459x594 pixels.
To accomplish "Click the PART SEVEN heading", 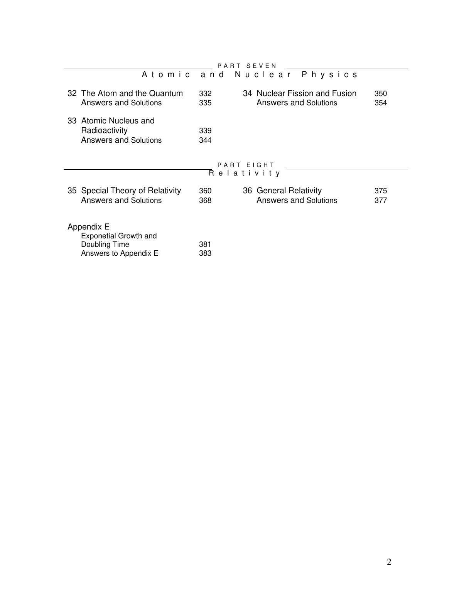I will [x=247, y=66].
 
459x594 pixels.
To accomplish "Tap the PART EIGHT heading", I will [x=246, y=165].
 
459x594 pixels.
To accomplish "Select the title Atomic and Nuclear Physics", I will [x=250, y=75].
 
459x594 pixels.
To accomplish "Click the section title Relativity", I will [x=245, y=174].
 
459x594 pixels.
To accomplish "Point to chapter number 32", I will [x=72, y=94].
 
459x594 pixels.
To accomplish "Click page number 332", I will [x=205, y=94].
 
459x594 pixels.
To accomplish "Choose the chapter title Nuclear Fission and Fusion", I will [x=306, y=94].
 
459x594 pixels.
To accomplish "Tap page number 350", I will [x=381, y=94].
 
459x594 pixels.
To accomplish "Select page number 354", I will [x=381, y=103].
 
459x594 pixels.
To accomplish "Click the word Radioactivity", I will [x=104, y=131].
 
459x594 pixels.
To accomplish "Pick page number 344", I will [x=205, y=140].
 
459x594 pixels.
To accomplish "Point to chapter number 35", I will [x=72, y=191].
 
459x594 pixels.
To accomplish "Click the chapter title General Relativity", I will [x=289, y=191].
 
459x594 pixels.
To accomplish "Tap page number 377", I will [x=381, y=201].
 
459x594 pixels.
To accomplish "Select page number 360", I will [x=205, y=191].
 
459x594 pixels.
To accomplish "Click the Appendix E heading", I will [x=88, y=227].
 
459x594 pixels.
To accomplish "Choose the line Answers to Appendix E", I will [x=120, y=253].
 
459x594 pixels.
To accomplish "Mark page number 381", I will [x=205, y=245].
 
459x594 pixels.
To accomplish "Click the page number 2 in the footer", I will [x=389, y=562].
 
